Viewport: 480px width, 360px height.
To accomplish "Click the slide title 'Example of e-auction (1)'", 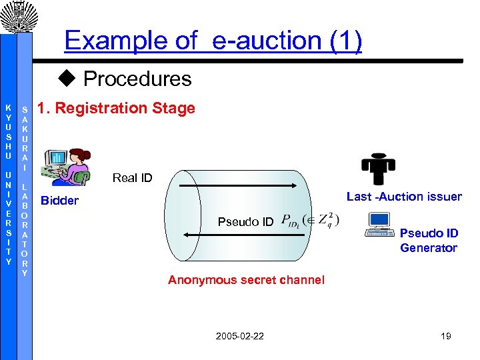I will coord(213,41).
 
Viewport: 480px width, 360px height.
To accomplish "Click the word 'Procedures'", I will coord(137,79).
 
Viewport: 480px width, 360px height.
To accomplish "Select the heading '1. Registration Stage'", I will coord(117,108).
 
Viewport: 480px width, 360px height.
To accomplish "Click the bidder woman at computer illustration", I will coord(67,166).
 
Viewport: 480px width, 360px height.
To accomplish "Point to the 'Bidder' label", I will coord(60,201).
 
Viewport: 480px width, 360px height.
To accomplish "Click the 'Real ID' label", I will coord(132,177).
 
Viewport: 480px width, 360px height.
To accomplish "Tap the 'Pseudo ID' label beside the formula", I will coord(246,222).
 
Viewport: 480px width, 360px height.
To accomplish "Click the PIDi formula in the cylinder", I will coord(311,220).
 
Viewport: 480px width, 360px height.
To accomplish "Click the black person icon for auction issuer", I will coord(377,162).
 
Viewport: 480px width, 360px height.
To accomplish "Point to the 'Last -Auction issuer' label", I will coord(404,196).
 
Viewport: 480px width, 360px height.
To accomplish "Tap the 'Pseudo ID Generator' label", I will coord(429,240).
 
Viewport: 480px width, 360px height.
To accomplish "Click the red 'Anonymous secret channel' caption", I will coord(246,280).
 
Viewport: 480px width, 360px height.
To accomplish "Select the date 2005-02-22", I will coord(239,335).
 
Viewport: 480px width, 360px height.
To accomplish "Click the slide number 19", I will coord(445,335).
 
